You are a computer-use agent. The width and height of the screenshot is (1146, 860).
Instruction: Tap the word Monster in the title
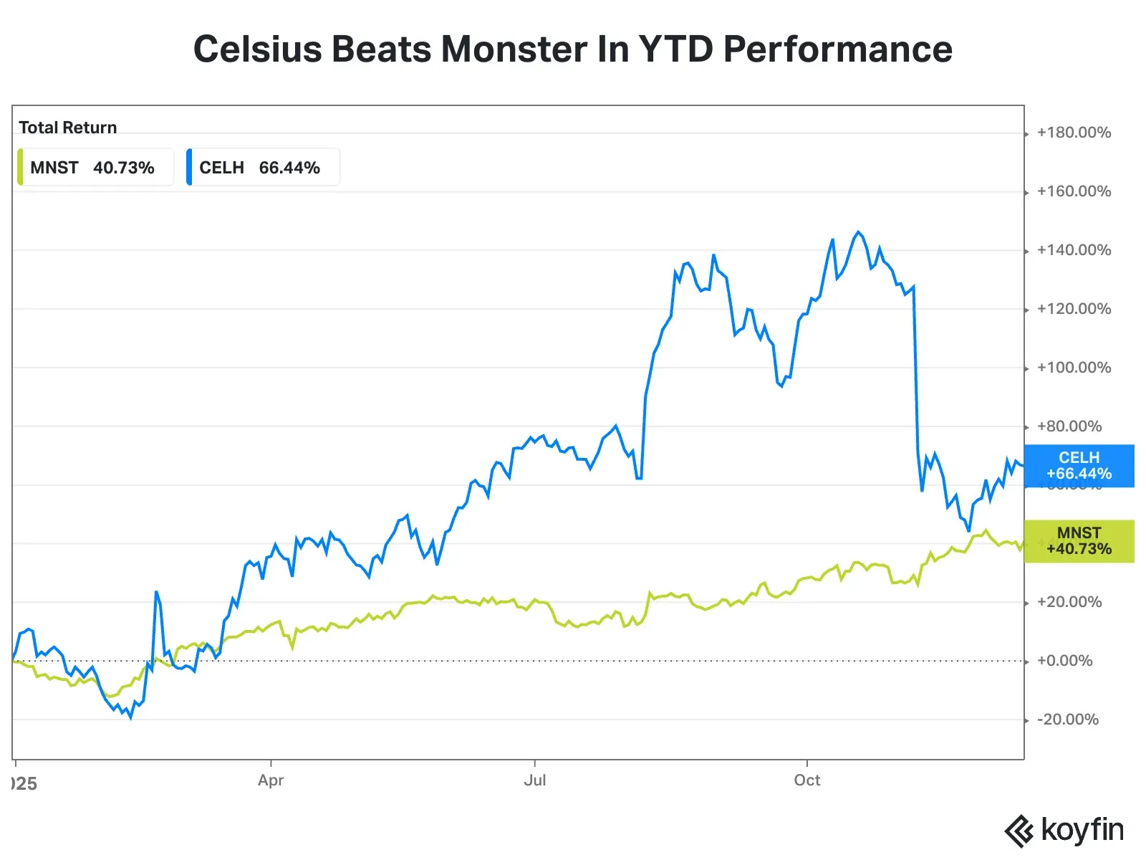514,49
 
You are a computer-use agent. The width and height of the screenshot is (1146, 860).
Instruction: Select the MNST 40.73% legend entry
95,168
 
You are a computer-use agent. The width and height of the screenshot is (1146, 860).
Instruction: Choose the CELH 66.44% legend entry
262,168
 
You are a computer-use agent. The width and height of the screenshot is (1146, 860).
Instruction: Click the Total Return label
67,128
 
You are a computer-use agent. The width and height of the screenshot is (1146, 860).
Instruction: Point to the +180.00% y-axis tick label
1073,133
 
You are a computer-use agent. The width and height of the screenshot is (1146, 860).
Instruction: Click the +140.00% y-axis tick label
1073,250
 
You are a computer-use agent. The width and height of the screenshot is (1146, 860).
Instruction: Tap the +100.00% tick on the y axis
1073,368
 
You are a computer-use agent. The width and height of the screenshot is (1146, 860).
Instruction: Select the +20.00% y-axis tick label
1069,602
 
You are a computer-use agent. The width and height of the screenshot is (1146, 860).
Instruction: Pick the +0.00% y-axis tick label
1064,661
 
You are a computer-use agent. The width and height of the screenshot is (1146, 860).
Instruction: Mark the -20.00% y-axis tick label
1067,720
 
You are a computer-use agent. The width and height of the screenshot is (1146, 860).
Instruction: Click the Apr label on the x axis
271,780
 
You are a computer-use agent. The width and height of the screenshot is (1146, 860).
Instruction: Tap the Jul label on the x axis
534,780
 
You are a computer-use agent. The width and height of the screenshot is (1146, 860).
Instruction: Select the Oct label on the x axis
806,780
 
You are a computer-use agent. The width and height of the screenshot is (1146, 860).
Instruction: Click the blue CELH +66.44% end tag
1079,466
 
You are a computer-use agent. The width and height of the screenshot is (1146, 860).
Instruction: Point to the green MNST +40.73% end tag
1079,541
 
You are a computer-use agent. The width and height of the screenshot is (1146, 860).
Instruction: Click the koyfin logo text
1082,830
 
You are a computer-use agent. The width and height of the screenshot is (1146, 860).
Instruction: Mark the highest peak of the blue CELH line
858,232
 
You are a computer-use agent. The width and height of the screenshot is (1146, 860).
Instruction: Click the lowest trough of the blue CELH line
130,717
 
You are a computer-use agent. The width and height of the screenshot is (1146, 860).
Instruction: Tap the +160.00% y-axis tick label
1073,191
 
